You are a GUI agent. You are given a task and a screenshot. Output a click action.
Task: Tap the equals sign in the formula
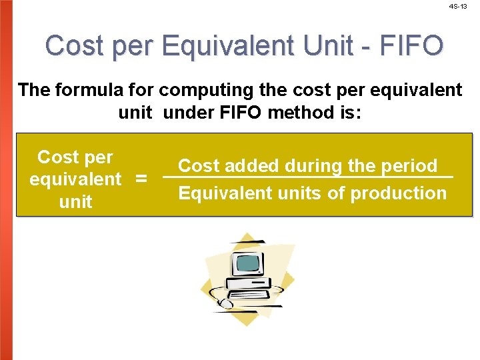(x=141, y=179)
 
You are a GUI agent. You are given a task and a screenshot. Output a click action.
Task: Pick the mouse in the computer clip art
(x=226, y=304)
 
